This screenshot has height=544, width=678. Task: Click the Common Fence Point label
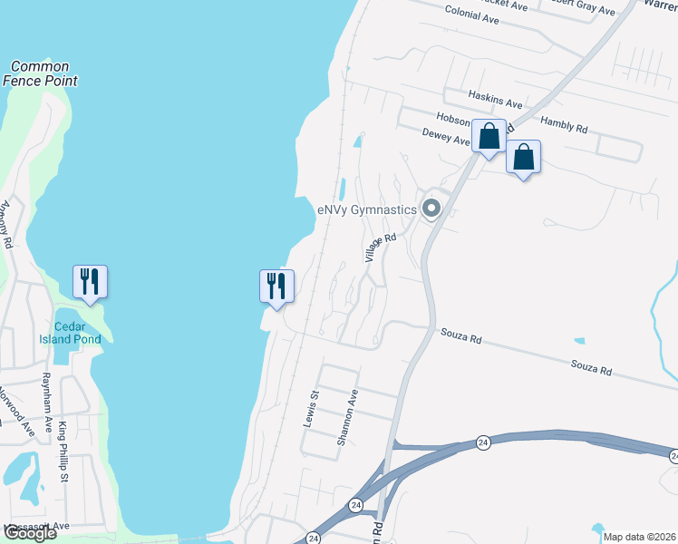tap(40, 73)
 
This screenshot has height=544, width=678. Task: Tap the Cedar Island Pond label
tap(76, 333)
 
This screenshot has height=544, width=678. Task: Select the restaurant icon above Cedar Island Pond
tap(90, 281)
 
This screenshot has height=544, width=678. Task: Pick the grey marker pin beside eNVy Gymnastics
tap(431, 209)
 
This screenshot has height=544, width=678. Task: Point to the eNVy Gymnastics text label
tap(366, 209)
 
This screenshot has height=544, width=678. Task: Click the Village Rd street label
tap(382, 248)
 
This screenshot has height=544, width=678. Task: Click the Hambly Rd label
tap(564, 124)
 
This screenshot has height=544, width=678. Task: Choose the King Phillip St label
tap(63, 451)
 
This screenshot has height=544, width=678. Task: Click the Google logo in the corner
tap(30, 533)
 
